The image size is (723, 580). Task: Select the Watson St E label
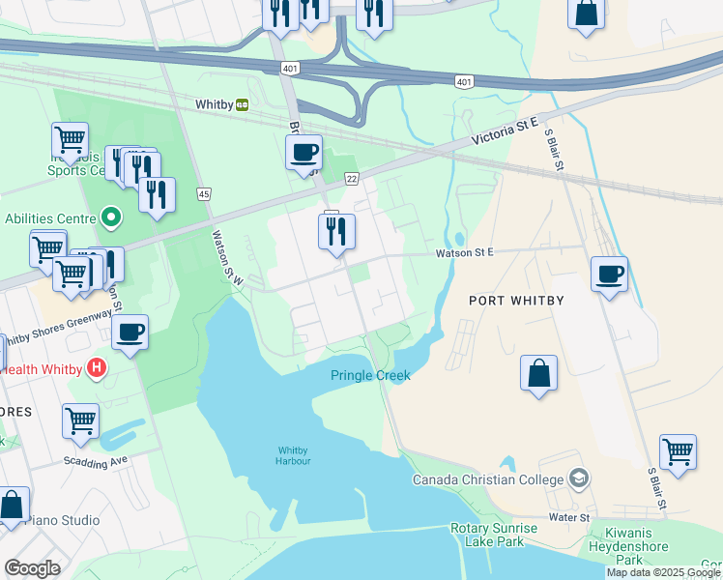click(464, 251)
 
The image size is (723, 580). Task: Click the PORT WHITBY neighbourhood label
click(516, 301)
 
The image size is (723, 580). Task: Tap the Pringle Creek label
click(370, 375)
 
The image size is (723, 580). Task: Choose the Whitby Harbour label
click(294, 455)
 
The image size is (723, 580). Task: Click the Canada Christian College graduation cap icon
click(578, 478)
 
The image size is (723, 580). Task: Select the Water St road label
click(569, 518)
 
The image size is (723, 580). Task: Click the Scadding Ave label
click(97, 461)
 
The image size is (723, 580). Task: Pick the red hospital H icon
click(96, 368)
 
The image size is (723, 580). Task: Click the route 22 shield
click(353, 179)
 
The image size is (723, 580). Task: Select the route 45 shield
click(204, 193)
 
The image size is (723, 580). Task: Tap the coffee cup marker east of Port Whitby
click(609, 275)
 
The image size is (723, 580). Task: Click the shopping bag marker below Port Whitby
click(539, 373)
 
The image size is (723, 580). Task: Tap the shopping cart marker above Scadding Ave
click(80, 420)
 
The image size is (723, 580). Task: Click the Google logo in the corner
click(32, 568)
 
